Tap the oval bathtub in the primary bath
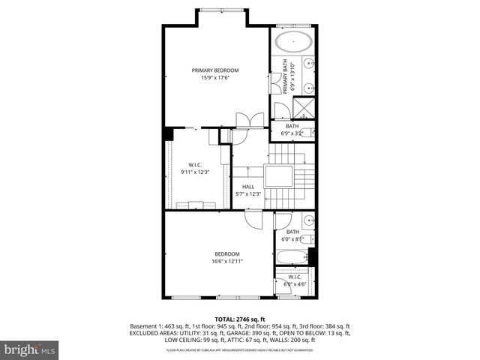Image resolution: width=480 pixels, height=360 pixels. point(294,42)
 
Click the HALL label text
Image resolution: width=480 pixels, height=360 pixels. point(248,187)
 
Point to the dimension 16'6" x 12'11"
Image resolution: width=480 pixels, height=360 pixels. point(227,261)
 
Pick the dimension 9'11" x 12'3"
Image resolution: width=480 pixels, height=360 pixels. point(194,172)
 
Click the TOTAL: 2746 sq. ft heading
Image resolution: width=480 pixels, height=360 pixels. point(241,319)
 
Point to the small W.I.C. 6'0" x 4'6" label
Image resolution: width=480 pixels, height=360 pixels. point(294,280)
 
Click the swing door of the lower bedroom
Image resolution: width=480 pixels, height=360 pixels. point(253,218)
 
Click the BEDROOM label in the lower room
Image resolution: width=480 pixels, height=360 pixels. point(227,253)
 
